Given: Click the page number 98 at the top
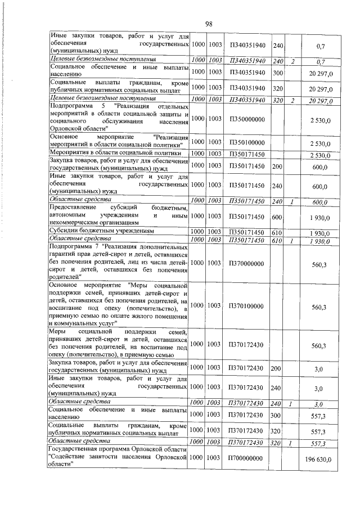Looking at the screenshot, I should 208,24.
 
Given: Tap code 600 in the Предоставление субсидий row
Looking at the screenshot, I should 277,217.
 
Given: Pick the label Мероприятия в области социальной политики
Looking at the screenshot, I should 115,153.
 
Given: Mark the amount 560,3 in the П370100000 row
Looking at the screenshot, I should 319,307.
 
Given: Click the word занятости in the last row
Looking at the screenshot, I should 106,459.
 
